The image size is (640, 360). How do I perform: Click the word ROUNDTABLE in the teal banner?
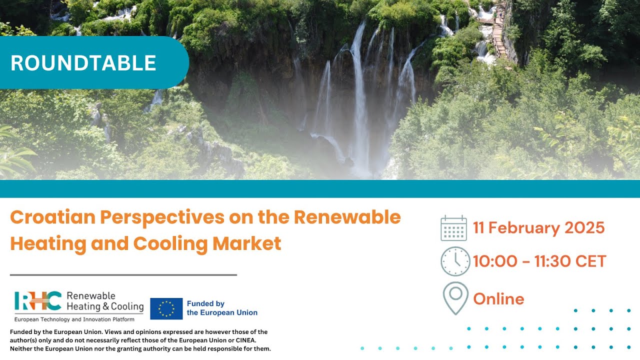click(83, 63)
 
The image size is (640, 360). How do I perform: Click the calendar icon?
click(453, 228)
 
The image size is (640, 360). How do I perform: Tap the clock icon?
click(455, 261)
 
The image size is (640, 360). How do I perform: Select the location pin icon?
click(455, 298)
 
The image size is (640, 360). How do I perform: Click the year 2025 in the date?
click(584, 228)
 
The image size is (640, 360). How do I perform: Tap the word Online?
click(498, 299)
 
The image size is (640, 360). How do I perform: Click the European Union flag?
click(166, 308)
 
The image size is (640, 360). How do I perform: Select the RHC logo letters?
click(38, 301)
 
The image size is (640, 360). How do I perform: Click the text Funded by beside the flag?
click(205, 303)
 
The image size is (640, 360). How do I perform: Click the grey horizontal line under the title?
click(123, 275)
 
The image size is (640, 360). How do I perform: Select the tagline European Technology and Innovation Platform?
click(74, 319)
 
